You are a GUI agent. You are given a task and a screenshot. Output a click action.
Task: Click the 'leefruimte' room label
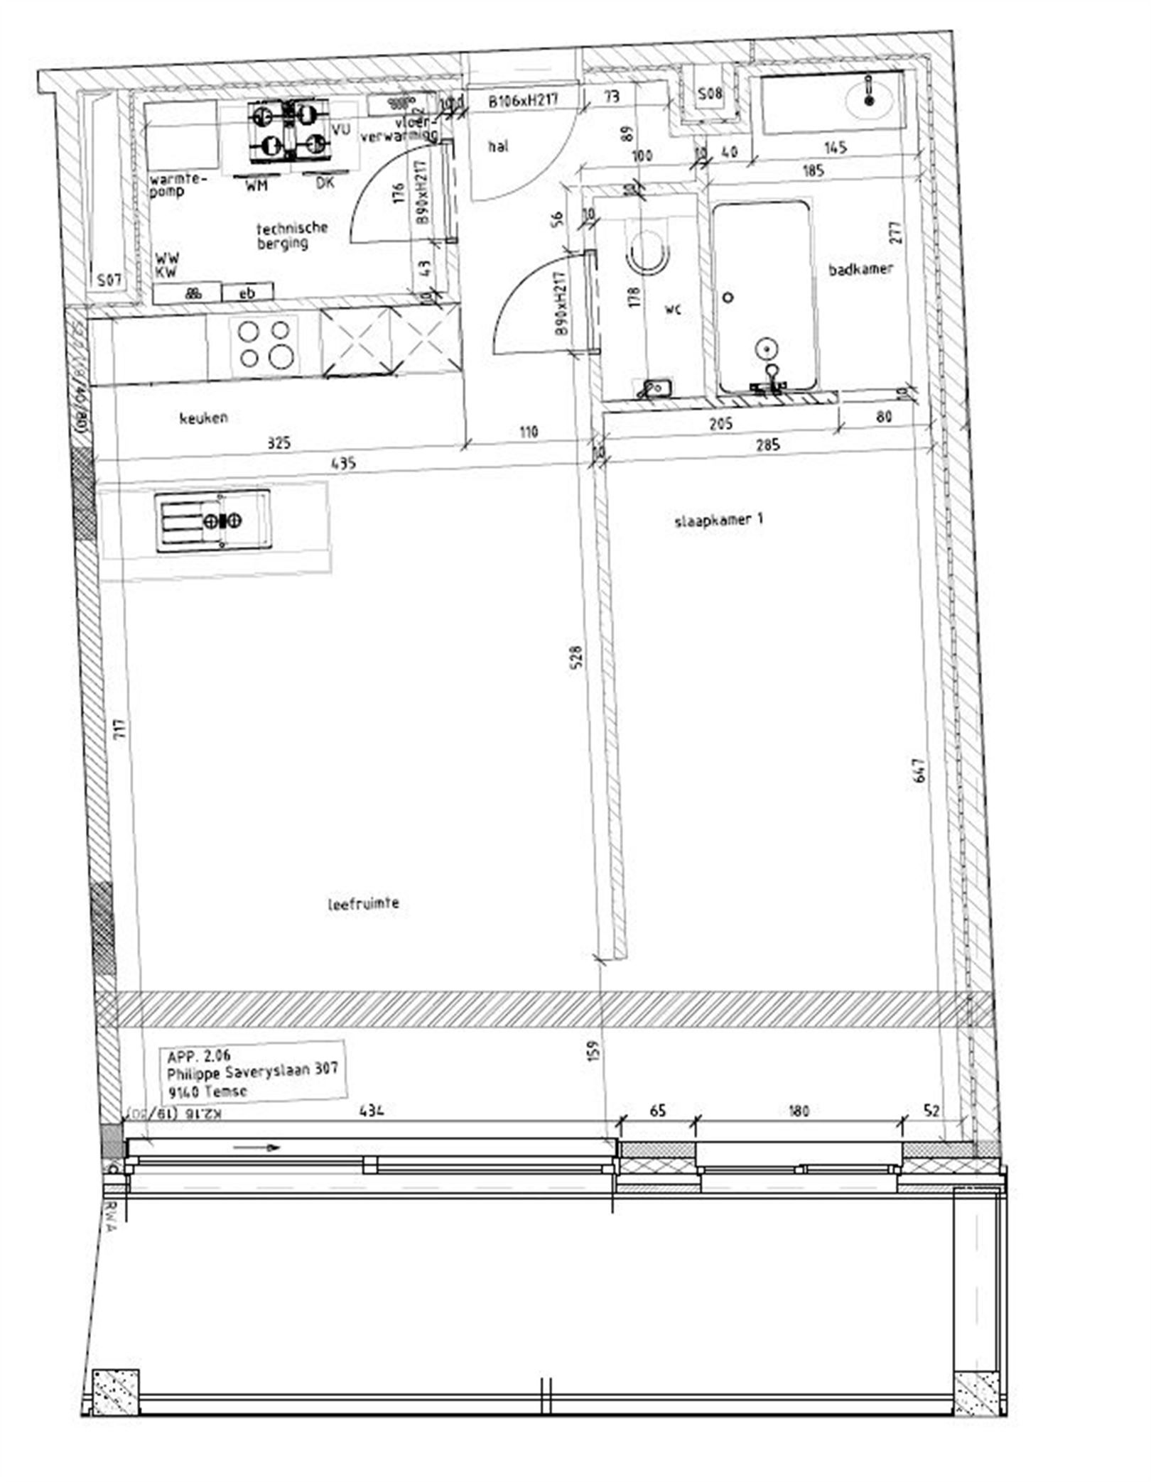click(363, 904)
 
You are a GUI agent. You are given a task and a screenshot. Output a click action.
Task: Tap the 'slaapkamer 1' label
click(718, 520)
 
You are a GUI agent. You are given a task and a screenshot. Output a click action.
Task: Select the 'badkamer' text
click(860, 269)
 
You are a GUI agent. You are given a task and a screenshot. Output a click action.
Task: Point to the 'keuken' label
click(203, 418)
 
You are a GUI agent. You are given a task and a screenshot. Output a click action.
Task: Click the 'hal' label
click(498, 147)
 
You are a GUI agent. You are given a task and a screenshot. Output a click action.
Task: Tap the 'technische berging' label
click(291, 235)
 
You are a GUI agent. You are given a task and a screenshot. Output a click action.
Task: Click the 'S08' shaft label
click(708, 93)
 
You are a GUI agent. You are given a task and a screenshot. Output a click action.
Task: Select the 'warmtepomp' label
click(176, 185)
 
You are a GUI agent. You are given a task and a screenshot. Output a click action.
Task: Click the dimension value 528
click(577, 658)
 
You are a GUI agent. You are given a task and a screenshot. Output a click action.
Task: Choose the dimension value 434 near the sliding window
click(372, 1110)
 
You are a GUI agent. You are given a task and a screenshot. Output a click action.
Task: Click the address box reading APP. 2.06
click(253, 1073)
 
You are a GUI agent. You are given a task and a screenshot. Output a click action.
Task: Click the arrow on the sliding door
click(256, 1147)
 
